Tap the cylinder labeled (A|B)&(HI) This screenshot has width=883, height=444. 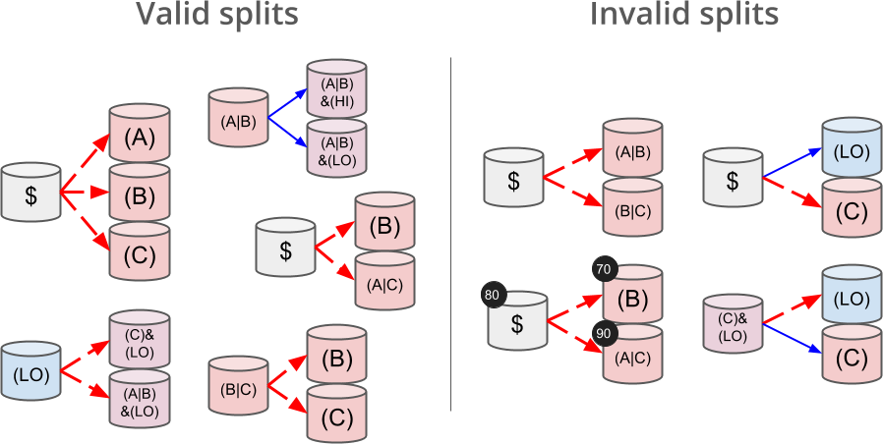coord(336,90)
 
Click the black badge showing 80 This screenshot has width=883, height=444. coord(494,295)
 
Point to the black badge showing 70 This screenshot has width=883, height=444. coord(606,268)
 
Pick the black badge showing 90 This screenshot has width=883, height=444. coord(606,333)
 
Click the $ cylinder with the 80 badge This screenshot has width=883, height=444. coord(517,322)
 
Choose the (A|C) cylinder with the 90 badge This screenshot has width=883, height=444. coord(632,360)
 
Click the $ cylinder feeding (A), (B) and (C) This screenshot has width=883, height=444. coord(30,193)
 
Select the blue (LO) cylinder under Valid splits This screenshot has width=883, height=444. coord(30,371)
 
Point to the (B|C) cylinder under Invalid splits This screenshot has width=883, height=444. coord(632,208)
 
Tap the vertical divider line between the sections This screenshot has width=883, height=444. coord(450,236)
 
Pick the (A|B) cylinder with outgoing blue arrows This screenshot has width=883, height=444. coord(238,120)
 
